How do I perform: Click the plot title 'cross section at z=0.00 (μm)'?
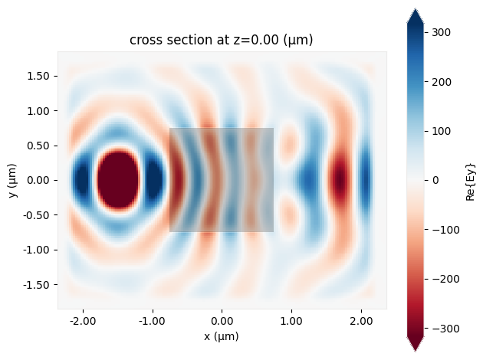pos(222,39)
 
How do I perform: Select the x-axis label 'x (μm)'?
pos(222,338)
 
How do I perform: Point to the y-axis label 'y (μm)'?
pos(14,180)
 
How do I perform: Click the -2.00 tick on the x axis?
pos(83,322)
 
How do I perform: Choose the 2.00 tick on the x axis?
pos(361,322)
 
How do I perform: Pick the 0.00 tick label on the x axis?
pos(222,322)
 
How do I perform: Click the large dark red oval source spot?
pos(118,180)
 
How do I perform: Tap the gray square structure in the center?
pos(222,180)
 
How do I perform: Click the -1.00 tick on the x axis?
pos(153,322)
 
